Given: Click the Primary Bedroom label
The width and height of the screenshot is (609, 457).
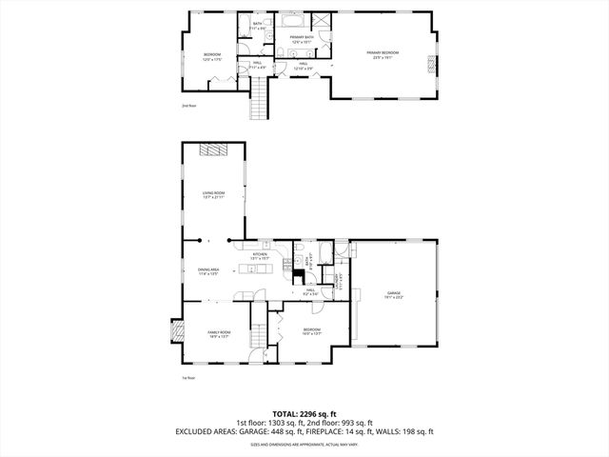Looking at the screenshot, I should tap(383, 54).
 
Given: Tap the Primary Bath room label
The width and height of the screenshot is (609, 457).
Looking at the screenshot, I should tap(302, 39).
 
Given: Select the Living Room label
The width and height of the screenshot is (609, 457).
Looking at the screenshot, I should tap(213, 195).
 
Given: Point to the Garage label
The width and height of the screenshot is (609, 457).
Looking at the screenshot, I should tap(394, 294).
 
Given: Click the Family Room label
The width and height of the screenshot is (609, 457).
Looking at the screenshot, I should tap(219, 334).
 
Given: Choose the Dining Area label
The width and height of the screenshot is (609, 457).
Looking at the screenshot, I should tap(208, 271).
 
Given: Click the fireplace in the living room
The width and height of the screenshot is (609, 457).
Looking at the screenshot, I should tap(213, 149).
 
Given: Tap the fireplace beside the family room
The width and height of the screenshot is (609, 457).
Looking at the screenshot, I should tap(174, 330).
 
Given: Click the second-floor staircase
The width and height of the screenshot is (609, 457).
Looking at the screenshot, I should tap(260, 99).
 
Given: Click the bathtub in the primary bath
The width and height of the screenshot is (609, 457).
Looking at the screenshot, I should tap(289, 19).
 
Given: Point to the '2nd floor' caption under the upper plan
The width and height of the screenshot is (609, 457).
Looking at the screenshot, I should tap(187, 106).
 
